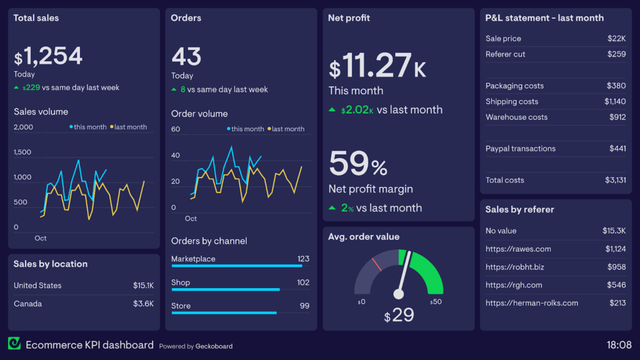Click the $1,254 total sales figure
pyautogui.click(x=48, y=57)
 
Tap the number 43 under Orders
pyautogui.click(x=186, y=57)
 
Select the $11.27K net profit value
pyautogui.click(x=377, y=66)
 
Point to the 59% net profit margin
pyautogui.click(x=358, y=164)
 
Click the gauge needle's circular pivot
pyautogui.click(x=399, y=294)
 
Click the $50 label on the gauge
pyautogui.click(x=436, y=302)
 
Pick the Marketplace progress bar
pyautogui.click(x=237, y=266)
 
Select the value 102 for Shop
pyautogui.click(x=303, y=282)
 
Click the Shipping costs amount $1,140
pyautogui.click(x=615, y=101)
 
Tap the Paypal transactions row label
pyautogui.click(x=520, y=149)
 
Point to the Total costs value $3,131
pyautogui.click(x=616, y=180)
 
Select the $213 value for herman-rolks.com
pyautogui.click(x=617, y=303)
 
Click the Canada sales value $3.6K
pyautogui.click(x=143, y=304)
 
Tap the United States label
pyautogui.click(x=37, y=286)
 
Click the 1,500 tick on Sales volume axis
pyautogui.click(x=23, y=152)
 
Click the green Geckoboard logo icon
pyautogui.click(x=14, y=344)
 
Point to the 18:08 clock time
pyautogui.click(x=619, y=344)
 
